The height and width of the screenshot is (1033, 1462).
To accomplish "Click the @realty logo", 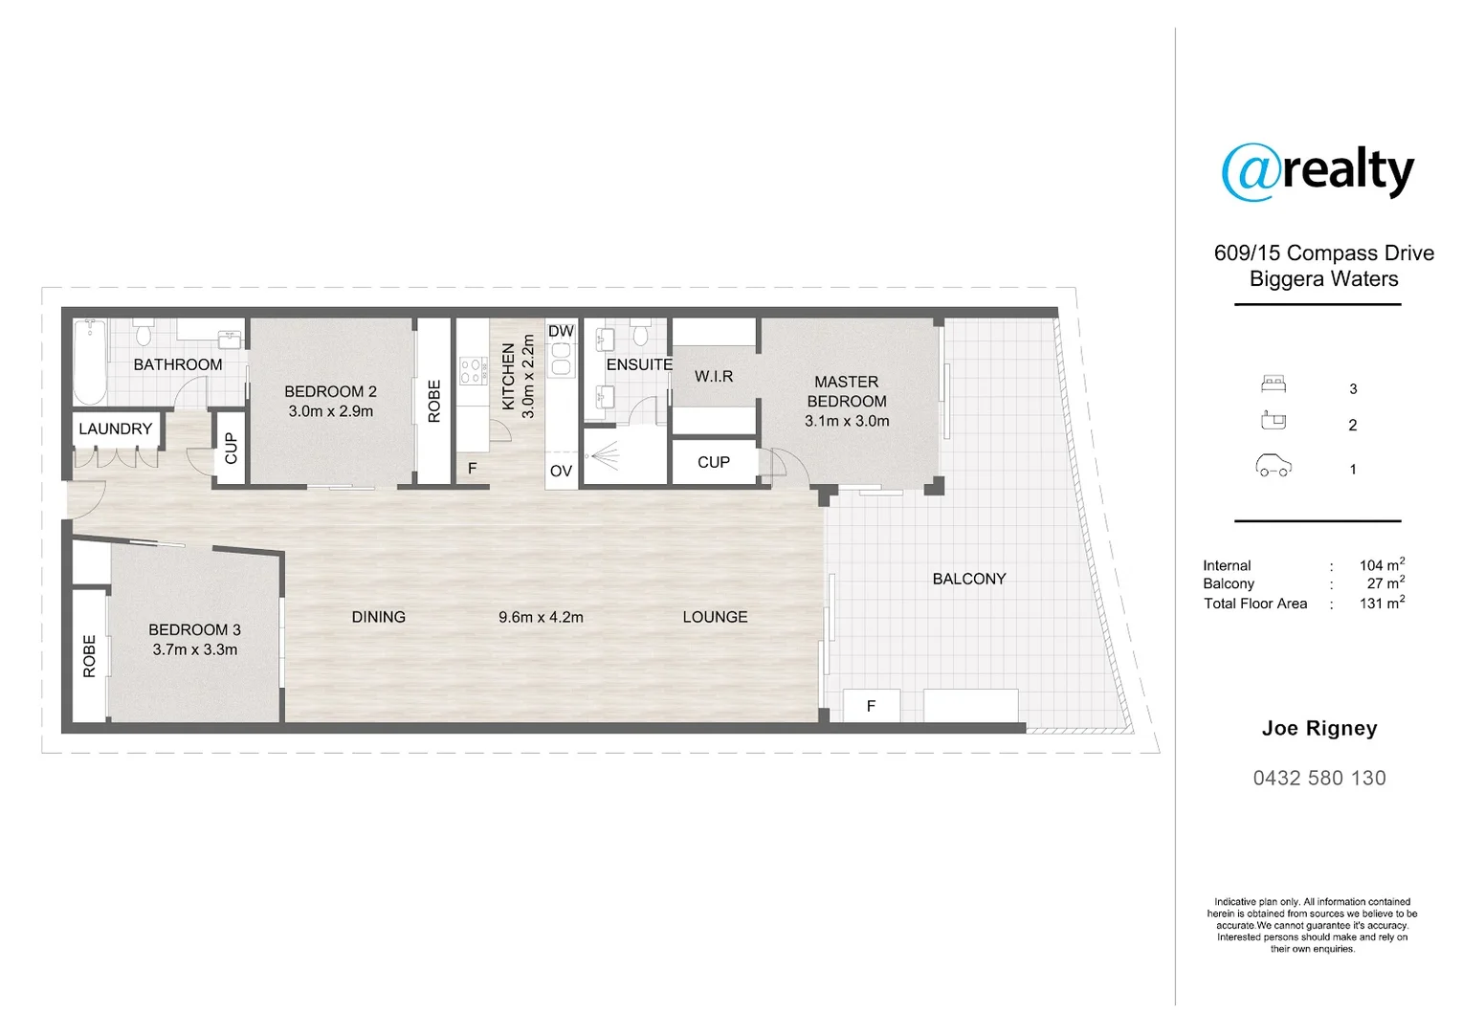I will click(x=1318, y=172).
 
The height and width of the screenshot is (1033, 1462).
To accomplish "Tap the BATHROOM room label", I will click(x=177, y=364).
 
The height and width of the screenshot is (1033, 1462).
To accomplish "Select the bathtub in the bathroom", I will click(x=90, y=363).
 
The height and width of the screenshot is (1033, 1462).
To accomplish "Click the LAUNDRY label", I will click(x=115, y=429).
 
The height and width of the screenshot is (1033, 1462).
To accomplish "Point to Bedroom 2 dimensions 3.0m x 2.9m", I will click(x=330, y=411).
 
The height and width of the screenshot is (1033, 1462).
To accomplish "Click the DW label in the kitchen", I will click(x=561, y=331).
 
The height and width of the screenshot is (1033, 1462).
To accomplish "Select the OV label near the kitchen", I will click(x=561, y=471).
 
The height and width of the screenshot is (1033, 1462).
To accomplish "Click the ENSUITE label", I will click(x=639, y=364).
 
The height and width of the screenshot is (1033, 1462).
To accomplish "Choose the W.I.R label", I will click(x=714, y=376).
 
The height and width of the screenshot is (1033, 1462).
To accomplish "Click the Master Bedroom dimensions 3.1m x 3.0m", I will click(x=847, y=421).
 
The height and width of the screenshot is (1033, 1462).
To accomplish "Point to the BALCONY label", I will click(x=969, y=579).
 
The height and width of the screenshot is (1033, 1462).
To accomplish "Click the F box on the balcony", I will click(x=871, y=706).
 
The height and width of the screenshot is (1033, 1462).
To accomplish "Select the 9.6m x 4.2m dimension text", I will click(x=541, y=618).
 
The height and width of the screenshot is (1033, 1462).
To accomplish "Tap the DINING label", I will click(x=379, y=617).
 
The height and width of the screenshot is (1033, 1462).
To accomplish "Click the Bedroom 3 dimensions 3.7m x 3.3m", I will click(x=194, y=649).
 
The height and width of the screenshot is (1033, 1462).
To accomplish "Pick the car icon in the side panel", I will click(x=1273, y=467).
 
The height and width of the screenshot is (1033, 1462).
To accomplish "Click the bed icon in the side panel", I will click(x=1273, y=385).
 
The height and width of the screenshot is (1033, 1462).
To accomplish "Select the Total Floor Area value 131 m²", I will click(x=1382, y=604).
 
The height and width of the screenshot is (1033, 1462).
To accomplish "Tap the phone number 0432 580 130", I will click(x=1319, y=779).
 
